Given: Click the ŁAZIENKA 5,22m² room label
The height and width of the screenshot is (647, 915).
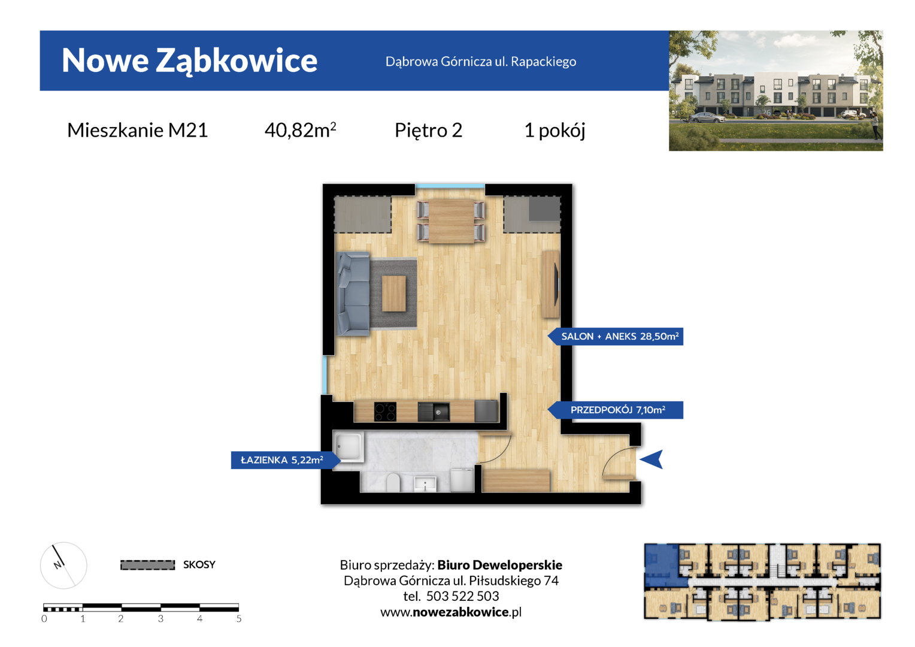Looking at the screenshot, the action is tap(282, 460).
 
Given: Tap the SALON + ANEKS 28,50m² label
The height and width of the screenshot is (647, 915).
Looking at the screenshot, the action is tap(620, 336).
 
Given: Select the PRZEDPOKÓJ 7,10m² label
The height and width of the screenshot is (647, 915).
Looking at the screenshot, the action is tap(617, 410).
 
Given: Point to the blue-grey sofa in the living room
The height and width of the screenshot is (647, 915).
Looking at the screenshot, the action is tap(353, 294).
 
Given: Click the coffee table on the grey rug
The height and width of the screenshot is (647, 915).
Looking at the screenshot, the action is tap(394, 294).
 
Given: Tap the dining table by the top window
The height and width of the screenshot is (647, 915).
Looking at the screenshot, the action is tap(452, 221).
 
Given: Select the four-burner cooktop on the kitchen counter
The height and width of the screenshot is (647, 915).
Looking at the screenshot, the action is tap(385, 412).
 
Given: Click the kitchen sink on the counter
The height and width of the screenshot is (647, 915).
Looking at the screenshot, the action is tap(434, 412).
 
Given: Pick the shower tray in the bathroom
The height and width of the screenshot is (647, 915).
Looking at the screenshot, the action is tap(349, 447).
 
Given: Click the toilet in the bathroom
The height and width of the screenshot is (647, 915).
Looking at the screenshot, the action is tap(393, 482).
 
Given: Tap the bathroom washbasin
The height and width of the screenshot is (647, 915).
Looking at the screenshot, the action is tap(425, 484).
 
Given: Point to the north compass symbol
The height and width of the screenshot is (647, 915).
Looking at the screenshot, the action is tap(63, 566).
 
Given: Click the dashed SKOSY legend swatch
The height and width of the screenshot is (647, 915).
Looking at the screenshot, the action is tap(147, 565).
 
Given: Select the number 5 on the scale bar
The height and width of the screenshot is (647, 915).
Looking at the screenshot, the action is tap(238, 619).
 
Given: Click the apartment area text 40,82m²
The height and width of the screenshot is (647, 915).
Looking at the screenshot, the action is tap(300, 130).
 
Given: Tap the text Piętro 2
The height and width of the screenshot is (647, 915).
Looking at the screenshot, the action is tap(428, 131).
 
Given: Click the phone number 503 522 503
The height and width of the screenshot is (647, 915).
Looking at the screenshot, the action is tap(462, 596).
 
